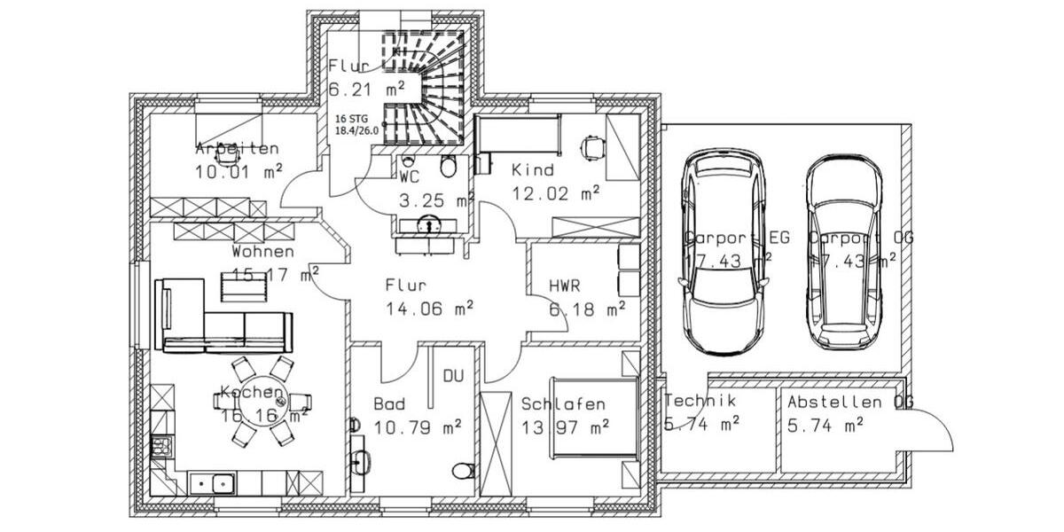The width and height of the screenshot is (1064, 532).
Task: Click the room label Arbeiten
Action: point(237,149)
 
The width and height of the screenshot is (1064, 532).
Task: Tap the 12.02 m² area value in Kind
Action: point(555,192)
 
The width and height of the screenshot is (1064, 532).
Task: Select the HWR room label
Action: point(564,286)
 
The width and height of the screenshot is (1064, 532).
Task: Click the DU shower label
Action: point(453,377)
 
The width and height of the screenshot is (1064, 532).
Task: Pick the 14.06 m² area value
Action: point(429,309)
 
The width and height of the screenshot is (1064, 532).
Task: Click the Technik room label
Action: point(700,401)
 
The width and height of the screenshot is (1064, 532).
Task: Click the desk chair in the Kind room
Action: point(591,146)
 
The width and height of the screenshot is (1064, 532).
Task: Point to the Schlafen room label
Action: point(563,404)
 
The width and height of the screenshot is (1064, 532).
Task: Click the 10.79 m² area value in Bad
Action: point(418,427)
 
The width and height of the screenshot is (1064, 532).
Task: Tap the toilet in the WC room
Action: point(449,166)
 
